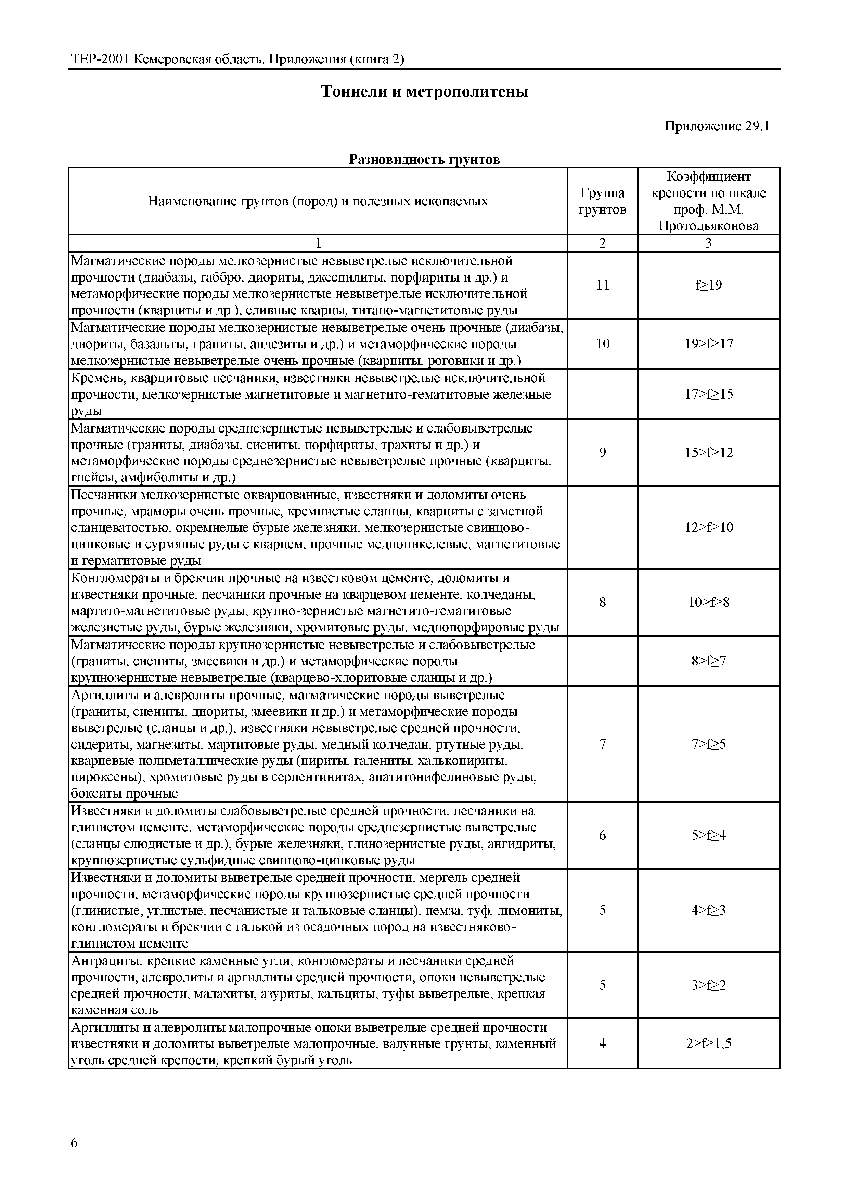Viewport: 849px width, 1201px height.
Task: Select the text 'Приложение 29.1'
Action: [717, 127]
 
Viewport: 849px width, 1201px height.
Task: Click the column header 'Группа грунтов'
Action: [602, 201]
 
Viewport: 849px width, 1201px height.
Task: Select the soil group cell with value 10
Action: [602, 344]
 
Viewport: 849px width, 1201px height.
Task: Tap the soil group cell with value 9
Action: [602, 452]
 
